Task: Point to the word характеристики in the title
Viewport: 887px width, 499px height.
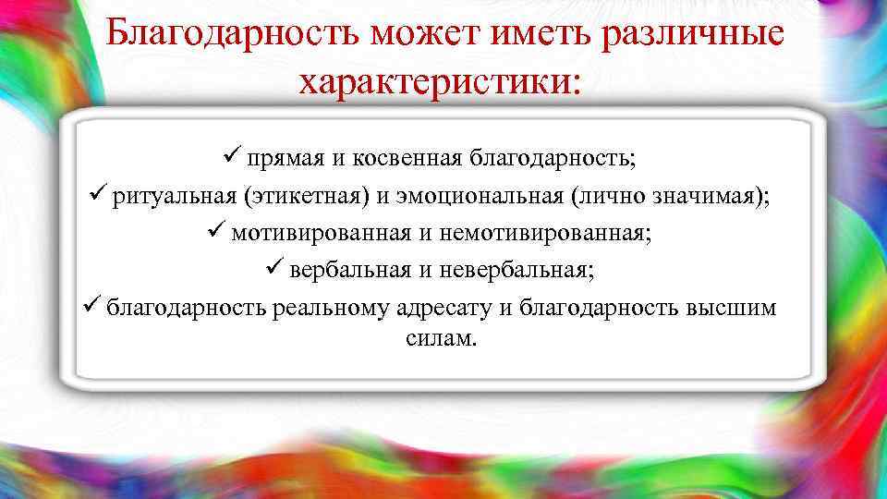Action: [x=439, y=83]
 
